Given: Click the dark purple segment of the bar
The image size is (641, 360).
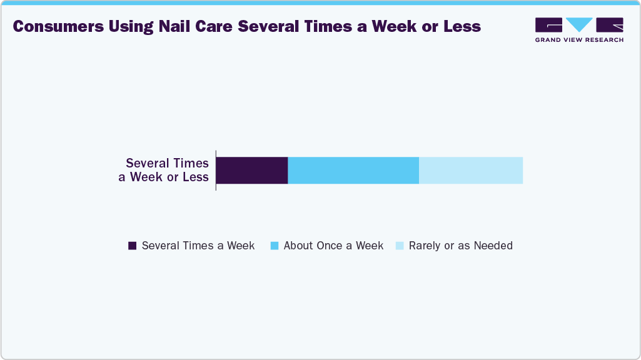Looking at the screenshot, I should pos(252,171).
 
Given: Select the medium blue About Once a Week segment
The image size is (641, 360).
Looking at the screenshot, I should pos(353,171).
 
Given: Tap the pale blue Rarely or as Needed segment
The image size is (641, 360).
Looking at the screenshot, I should pos(470,171).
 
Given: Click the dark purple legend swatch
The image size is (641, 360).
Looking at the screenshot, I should pos(132,246).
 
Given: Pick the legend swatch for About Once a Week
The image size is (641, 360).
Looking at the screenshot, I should pos(274,246).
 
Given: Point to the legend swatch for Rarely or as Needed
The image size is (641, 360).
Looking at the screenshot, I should pos(399,246).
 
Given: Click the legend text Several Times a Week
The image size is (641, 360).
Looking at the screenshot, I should pos(198,246).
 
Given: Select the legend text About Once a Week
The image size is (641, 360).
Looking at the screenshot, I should pos(333,246).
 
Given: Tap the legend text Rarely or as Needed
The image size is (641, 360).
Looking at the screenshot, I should pos(460,246).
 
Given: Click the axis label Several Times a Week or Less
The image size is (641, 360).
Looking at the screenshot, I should pos(165,170).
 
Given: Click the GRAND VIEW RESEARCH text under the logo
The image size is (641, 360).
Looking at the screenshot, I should pos(579,40).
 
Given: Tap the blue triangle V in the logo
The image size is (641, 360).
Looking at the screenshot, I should pos(579,24).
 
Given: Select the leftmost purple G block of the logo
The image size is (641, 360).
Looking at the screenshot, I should pos(548,24).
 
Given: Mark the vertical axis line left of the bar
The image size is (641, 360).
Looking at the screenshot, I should pos(216,170).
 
